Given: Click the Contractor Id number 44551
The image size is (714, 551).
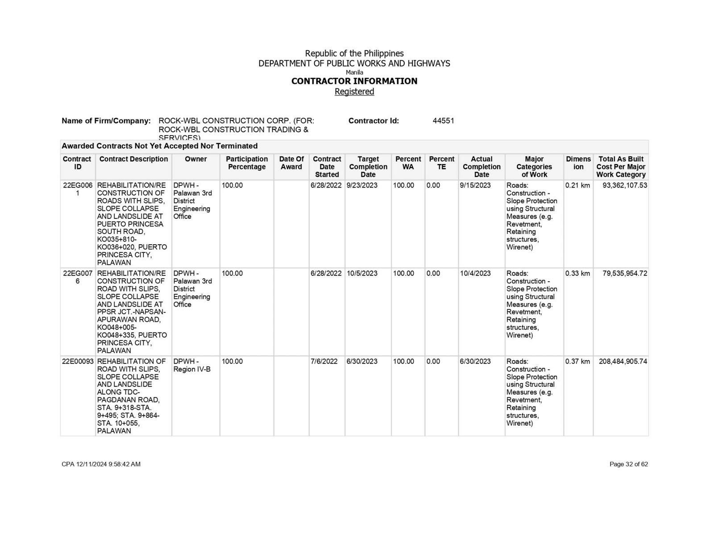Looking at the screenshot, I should (443, 121).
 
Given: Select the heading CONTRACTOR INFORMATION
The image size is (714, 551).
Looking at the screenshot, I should (354, 81).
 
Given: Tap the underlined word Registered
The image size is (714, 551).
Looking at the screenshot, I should (354, 91).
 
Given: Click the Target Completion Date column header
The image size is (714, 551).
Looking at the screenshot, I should (368, 167).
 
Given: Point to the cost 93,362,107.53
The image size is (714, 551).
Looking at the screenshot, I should (624, 185).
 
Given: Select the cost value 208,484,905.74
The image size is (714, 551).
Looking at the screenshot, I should (623, 362).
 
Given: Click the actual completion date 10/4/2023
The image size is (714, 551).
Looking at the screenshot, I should (475, 274).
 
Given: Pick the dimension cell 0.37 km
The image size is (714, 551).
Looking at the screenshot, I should (577, 362).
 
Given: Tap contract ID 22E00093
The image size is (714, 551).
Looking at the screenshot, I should (78, 362).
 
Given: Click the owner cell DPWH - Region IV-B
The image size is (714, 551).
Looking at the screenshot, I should (192, 365).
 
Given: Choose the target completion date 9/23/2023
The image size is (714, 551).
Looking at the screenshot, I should (362, 185).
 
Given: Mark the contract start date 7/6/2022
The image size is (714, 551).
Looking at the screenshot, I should (324, 362).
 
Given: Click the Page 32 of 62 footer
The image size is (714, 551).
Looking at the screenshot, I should (628, 464).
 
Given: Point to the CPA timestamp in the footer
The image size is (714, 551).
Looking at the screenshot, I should (101, 464).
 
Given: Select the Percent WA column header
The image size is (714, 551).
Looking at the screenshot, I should (408, 163).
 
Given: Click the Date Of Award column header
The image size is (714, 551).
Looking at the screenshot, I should (291, 163).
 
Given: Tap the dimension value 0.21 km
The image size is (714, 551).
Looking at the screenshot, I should (577, 185).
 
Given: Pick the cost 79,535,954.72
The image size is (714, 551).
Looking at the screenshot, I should (624, 274).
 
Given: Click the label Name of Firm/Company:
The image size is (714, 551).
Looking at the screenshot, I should (106, 121).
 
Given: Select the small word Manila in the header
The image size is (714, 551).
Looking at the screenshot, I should (354, 72).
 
